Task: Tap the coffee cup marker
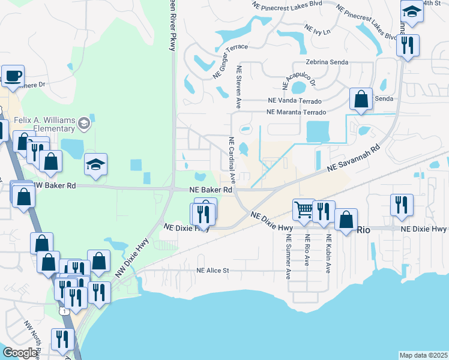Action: (13, 77)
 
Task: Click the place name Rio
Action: (364, 229)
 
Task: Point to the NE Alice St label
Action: (213, 271)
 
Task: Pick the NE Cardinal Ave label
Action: (232, 159)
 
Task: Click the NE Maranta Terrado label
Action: (297, 112)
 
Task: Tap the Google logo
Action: (20, 353)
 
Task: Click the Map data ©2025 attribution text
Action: (423, 355)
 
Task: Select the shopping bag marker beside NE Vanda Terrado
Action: (361, 100)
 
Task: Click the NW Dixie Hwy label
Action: (131, 257)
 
